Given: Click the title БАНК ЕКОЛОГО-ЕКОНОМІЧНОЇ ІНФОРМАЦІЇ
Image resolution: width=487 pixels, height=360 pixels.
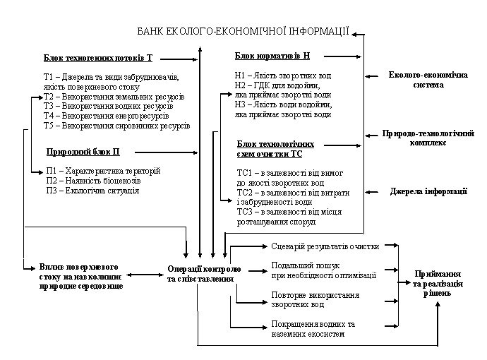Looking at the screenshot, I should pyautogui.click(x=243, y=31).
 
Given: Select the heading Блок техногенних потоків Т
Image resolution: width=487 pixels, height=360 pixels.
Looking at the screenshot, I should pyautogui.click(x=97, y=57).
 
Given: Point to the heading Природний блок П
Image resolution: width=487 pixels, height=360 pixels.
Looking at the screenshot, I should pyautogui.click(x=83, y=152).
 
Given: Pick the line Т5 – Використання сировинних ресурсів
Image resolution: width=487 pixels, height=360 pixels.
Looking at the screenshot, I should pyautogui.click(x=116, y=126).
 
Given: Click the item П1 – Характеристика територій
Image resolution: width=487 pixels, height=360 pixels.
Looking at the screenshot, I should pyautogui.click(x=103, y=171).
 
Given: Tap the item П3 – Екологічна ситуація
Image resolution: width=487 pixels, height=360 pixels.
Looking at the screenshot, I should pyautogui.click(x=92, y=191).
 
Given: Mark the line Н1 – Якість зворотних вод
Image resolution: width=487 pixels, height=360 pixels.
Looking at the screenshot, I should pyautogui.click(x=283, y=75).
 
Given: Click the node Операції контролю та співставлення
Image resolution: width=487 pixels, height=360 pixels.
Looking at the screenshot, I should pyautogui.click(x=204, y=274).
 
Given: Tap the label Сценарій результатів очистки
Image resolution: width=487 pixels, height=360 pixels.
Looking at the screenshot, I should pyautogui.click(x=325, y=246).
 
